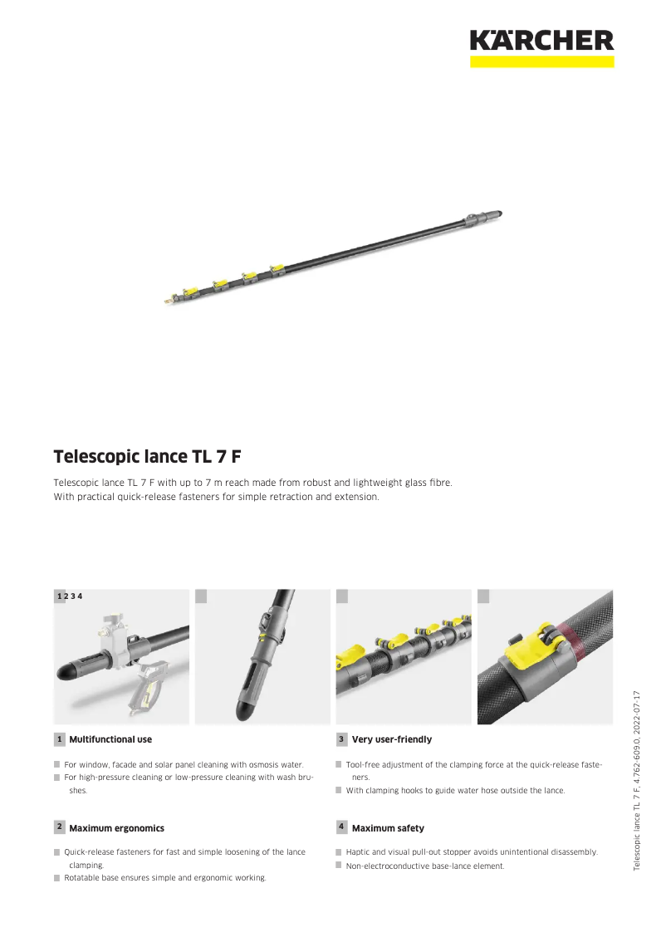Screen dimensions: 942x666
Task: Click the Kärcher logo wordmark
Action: click(x=541, y=40)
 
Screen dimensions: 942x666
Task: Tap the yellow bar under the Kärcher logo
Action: click(x=541, y=61)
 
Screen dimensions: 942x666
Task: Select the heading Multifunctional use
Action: click(x=110, y=739)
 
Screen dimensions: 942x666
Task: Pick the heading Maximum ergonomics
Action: click(x=116, y=828)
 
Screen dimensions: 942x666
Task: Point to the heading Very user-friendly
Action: click(x=392, y=739)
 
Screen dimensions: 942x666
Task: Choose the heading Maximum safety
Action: click(x=388, y=828)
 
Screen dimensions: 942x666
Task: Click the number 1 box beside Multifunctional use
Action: click(x=60, y=739)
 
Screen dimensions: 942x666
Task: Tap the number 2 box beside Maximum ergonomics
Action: click(x=60, y=827)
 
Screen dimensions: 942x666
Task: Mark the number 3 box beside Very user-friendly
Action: click(x=341, y=739)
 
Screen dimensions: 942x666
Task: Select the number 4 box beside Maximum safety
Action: click(x=341, y=827)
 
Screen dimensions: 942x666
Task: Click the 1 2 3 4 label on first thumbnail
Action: click(x=70, y=596)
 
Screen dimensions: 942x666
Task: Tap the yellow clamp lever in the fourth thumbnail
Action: click(x=522, y=658)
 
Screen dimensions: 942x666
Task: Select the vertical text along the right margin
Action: click(x=637, y=781)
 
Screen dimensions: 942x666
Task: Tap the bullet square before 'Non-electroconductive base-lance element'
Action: click(x=339, y=866)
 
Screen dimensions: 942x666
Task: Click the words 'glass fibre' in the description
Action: click(x=428, y=483)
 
